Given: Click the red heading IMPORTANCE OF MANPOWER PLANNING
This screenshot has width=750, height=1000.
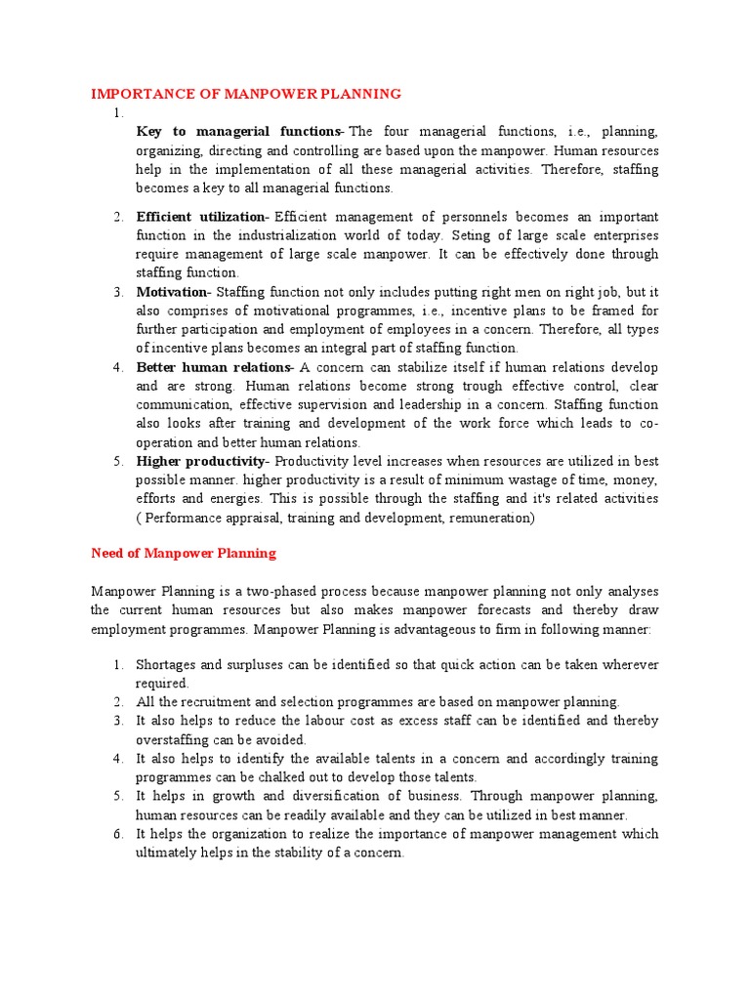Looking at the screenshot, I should coord(246,94).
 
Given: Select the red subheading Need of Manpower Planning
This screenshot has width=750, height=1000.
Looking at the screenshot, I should coord(184,553).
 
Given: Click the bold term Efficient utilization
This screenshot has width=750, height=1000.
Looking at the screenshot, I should coord(201,217).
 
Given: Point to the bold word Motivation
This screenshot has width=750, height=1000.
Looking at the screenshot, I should coord(172,292).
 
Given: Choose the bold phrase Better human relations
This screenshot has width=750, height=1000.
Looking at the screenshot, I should coord(214,367).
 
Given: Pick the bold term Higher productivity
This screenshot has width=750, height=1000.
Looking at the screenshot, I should coord(201,461).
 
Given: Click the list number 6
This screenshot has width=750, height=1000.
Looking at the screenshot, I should coord(117,834).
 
